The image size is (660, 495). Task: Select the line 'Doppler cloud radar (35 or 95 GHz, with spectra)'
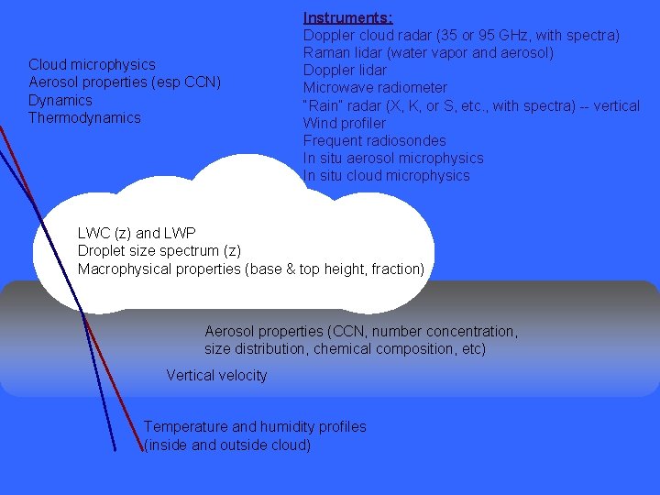point(461,35)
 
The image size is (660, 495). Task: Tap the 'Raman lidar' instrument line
point(428,52)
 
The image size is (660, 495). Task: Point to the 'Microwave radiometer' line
point(375,88)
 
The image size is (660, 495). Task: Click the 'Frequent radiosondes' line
point(374,140)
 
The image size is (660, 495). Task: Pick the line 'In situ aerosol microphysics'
point(393,158)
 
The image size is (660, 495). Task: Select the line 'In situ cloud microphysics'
point(386,175)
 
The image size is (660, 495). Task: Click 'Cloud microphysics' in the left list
point(92,64)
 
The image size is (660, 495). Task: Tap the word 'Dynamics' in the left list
point(60,100)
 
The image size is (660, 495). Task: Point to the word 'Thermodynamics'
point(84,117)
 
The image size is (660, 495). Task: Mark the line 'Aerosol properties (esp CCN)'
point(125,82)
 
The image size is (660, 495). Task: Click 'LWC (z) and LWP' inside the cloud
point(137,234)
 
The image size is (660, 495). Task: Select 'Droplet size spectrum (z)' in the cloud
point(159,251)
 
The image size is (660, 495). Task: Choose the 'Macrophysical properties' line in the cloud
point(251,269)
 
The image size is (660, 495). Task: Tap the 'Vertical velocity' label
point(216,375)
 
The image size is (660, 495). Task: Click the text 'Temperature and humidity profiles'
point(255,427)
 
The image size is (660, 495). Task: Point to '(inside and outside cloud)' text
point(227,445)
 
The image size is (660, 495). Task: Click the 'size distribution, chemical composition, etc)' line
point(345,349)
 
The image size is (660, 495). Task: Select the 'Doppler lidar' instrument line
point(345,71)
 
